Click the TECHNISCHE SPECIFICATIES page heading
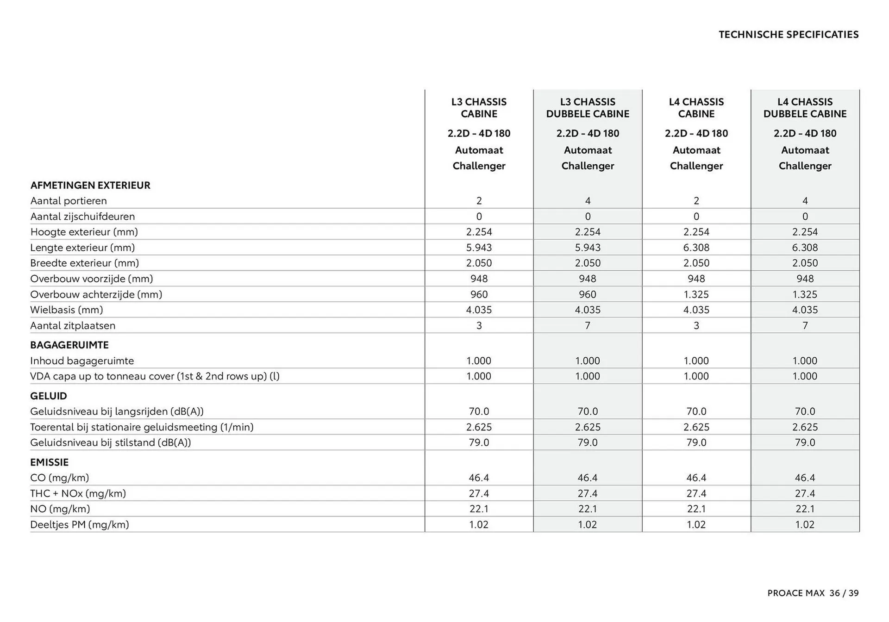click(789, 35)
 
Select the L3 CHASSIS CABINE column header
click(479, 108)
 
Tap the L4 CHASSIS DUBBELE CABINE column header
click(805, 108)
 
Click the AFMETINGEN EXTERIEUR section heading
click(90, 186)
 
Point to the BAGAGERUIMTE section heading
click(69, 345)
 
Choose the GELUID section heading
click(49, 396)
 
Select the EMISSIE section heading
click(49, 462)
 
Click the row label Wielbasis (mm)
click(67, 310)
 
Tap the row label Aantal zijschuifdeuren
click(82, 217)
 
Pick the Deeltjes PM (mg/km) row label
click(80, 525)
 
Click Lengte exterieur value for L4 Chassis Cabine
click(696, 248)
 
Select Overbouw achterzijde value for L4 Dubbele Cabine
click(805, 294)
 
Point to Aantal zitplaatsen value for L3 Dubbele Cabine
click(588, 326)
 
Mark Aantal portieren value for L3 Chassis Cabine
click(479, 201)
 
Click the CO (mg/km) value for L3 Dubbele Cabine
click(588, 478)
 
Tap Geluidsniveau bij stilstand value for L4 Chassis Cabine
click(696, 443)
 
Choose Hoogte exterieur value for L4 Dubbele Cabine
click(805, 232)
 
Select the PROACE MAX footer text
click(796, 593)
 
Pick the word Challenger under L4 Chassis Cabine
click(696, 166)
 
